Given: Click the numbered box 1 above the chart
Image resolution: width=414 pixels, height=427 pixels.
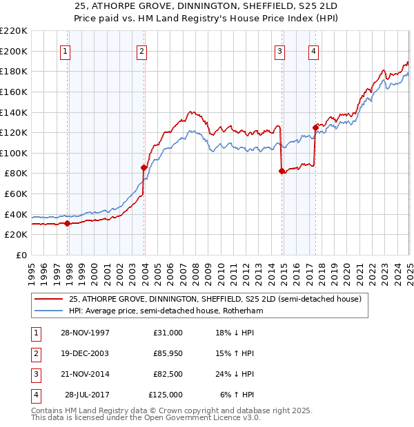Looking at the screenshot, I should click(x=66, y=51).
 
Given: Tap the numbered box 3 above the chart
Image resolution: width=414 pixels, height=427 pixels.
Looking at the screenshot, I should click(x=280, y=51).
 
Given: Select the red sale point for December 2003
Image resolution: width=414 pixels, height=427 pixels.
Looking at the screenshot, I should click(x=144, y=167).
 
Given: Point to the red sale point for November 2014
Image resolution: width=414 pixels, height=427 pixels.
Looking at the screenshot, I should click(x=282, y=171).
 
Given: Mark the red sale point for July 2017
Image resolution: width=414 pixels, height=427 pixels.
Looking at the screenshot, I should click(x=315, y=127).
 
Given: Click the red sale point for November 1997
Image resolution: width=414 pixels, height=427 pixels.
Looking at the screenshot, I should click(x=68, y=223).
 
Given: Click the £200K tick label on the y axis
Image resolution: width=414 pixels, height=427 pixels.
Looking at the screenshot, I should click(x=14, y=51).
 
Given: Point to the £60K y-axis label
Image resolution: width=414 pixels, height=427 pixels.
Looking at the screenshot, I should click(x=16, y=194).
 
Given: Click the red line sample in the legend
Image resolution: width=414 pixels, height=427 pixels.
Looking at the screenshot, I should click(x=48, y=300).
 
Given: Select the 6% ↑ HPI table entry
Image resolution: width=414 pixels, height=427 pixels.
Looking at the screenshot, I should click(x=237, y=395).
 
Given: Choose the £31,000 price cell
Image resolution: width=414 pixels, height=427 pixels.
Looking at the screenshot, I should click(x=168, y=333).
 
